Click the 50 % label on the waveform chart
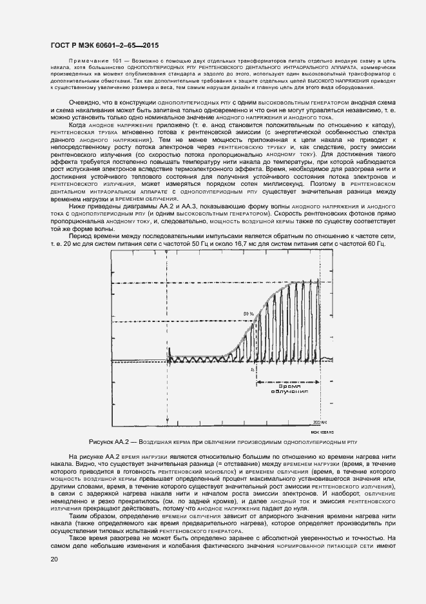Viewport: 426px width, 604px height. pyautogui.click(x=247, y=314)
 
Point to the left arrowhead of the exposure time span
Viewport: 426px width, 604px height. pyautogui.click(x=258, y=383)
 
